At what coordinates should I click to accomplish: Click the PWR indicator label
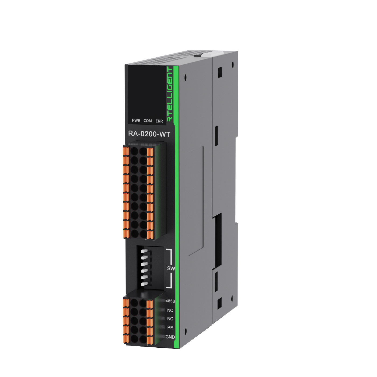tap(136, 120)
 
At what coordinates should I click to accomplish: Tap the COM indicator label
tap(148, 121)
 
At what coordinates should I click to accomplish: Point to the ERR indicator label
tap(159, 121)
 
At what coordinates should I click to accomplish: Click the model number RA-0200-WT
tap(149, 134)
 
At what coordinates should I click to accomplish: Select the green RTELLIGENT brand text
tap(170, 94)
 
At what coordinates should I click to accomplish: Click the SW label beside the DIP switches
tap(171, 268)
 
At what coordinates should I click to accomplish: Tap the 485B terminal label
tap(170, 301)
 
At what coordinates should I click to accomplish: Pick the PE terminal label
tap(170, 328)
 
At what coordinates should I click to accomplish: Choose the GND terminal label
tap(170, 337)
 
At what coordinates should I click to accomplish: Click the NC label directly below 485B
tap(170, 310)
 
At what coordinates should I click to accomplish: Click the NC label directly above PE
tap(170, 319)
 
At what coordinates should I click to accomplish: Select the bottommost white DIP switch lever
tap(145, 283)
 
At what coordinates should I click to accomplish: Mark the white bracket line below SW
tap(169, 281)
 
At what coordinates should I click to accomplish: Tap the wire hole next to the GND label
tap(143, 338)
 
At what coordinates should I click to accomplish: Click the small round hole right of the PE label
tap(185, 331)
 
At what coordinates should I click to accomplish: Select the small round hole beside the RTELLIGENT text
tap(185, 78)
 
